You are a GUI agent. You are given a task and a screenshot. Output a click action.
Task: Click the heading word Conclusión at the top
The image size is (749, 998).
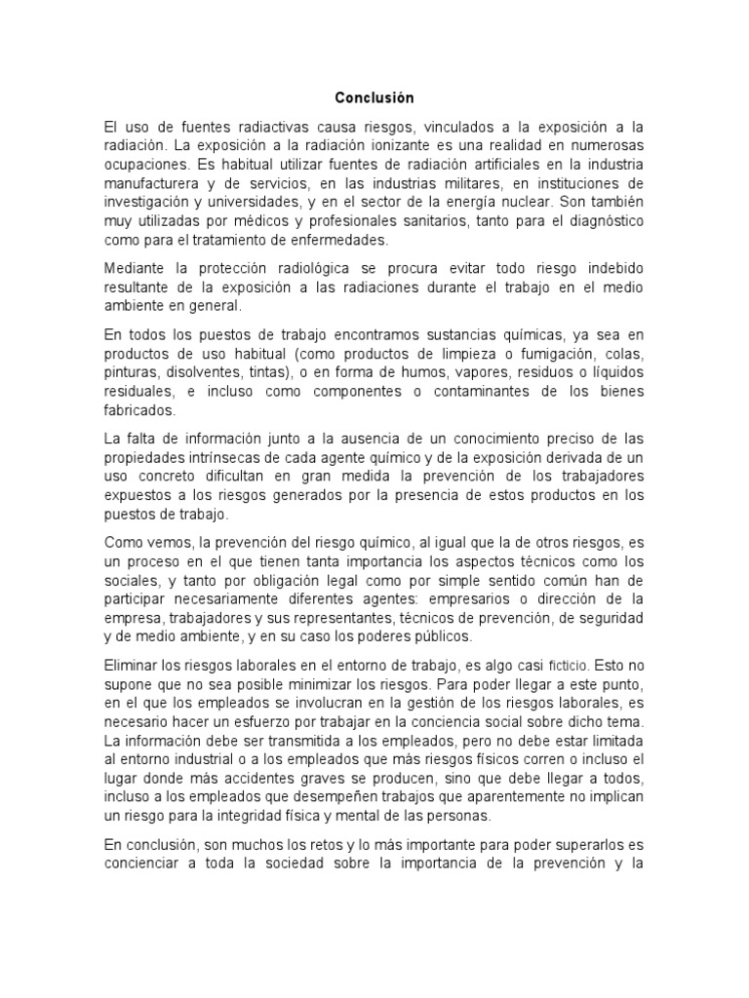pos(374,98)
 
